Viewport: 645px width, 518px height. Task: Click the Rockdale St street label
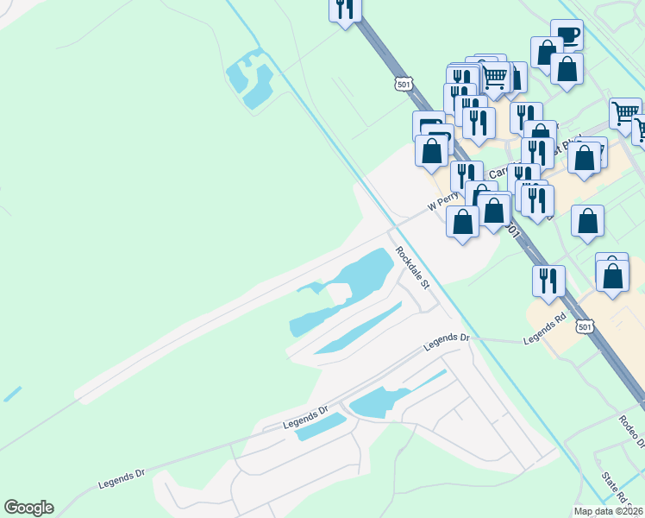click(x=413, y=268)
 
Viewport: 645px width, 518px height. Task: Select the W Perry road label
click(x=444, y=203)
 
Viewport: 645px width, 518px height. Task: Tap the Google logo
click(x=28, y=508)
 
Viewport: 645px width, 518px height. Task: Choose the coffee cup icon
click(x=567, y=35)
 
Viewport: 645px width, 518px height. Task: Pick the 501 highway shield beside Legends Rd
click(x=586, y=327)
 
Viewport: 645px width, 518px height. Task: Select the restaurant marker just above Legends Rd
click(x=548, y=281)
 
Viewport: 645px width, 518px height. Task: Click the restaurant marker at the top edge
click(x=344, y=9)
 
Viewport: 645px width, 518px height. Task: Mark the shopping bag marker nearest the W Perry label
click(x=463, y=222)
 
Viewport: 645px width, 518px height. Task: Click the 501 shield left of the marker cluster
click(x=404, y=84)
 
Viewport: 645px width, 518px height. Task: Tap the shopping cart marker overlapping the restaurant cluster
click(x=494, y=77)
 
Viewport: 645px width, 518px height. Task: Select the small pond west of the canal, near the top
click(x=249, y=79)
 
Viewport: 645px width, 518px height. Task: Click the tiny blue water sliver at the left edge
click(x=12, y=394)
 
